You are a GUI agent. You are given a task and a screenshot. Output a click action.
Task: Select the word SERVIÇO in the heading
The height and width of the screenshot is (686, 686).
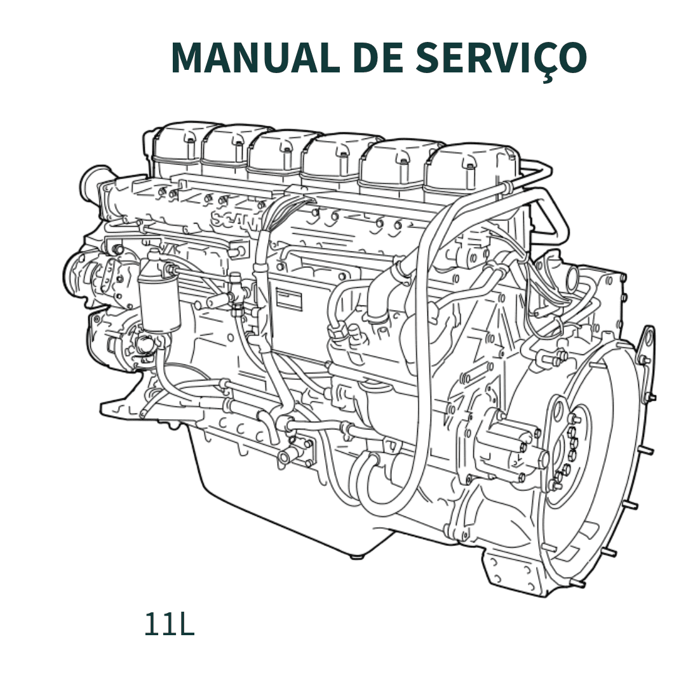[501, 59]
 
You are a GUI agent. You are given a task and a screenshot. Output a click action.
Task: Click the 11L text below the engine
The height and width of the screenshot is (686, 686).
[168, 624]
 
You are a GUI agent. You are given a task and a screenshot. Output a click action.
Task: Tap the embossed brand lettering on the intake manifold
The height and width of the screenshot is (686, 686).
[232, 222]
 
